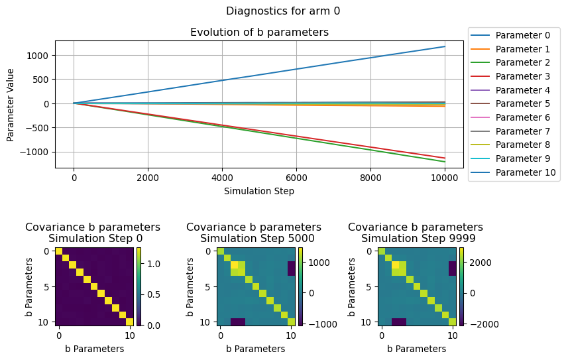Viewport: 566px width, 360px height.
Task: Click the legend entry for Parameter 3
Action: coord(523,76)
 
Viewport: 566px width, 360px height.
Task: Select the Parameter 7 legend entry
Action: coord(523,131)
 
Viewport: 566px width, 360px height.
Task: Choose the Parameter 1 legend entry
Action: coord(523,49)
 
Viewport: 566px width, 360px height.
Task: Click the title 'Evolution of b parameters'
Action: coord(259,32)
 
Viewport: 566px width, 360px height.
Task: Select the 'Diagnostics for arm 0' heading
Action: coord(283,11)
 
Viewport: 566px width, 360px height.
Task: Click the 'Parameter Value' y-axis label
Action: coord(11,104)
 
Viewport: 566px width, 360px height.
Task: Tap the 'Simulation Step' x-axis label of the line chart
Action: coord(259,191)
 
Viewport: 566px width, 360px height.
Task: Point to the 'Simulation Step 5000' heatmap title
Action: coord(254,239)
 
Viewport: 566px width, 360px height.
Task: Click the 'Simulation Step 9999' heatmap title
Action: coord(416,239)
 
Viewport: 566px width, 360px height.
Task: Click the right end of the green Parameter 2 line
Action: coord(444,162)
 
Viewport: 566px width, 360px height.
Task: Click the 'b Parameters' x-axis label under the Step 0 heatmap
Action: coord(93,349)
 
